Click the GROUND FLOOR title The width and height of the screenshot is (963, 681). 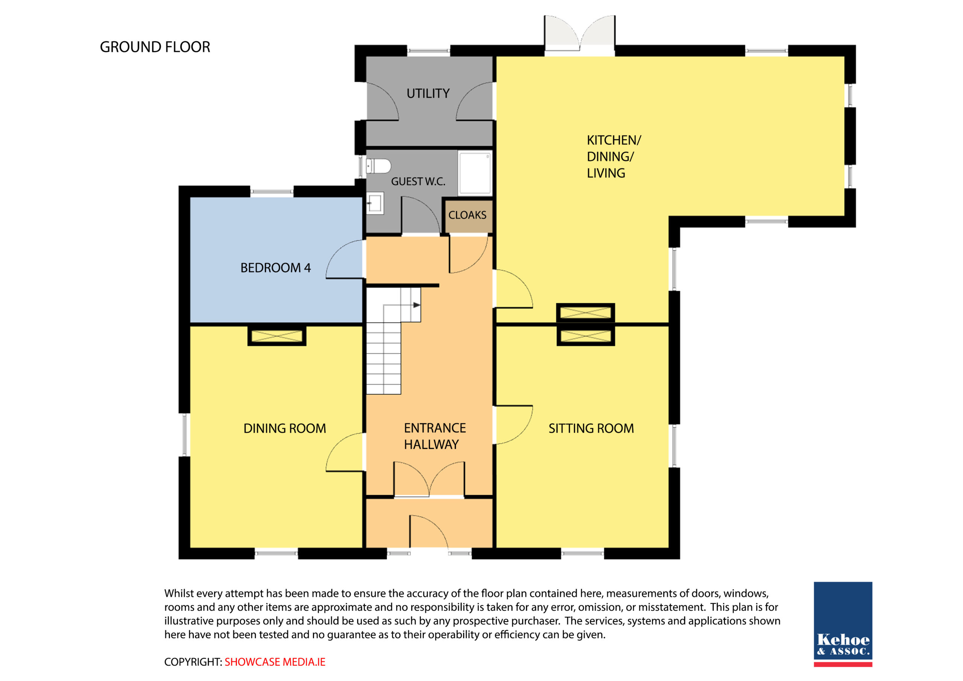click(155, 47)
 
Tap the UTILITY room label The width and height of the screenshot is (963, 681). click(428, 93)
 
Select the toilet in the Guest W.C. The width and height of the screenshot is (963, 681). click(378, 166)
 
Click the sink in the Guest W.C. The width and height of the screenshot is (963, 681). click(375, 204)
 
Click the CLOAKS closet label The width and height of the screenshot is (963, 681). click(467, 215)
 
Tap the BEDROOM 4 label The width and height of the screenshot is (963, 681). click(276, 268)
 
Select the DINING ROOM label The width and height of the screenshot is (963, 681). click(285, 429)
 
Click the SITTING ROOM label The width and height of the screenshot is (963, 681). click(591, 429)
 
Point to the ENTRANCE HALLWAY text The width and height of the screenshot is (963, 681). click(435, 436)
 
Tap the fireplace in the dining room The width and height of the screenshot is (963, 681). click(277, 336)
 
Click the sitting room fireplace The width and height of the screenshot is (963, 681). click(586, 336)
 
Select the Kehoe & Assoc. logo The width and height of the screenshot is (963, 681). click(843, 624)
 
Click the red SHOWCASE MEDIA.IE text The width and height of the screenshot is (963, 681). click(275, 662)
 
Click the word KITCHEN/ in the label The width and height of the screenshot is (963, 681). click(614, 140)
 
